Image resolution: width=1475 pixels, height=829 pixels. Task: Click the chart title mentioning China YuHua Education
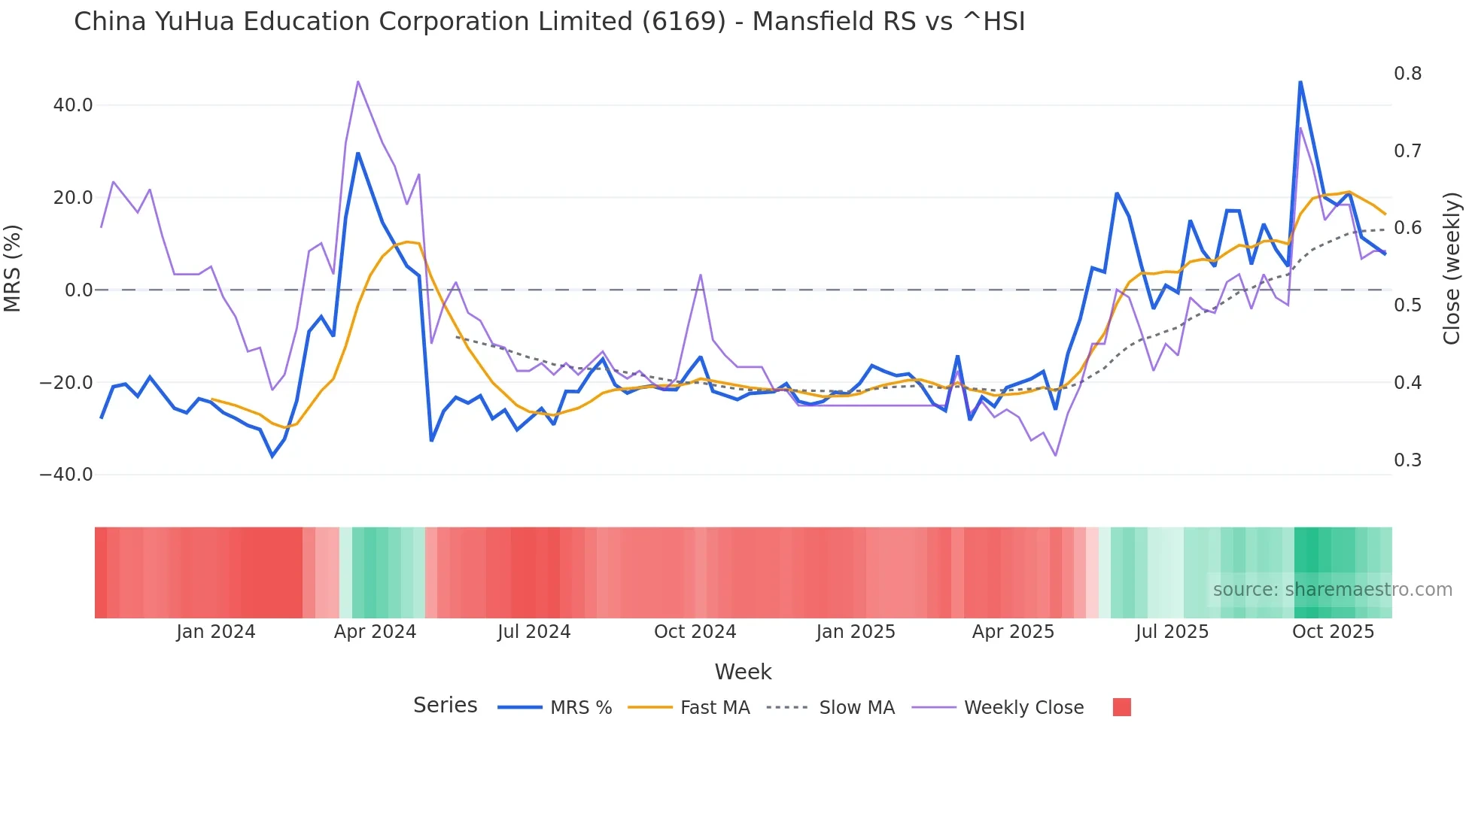click(x=549, y=22)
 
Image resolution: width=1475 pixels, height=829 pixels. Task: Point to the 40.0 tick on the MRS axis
click(x=73, y=105)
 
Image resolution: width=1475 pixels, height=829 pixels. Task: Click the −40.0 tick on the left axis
click(x=66, y=475)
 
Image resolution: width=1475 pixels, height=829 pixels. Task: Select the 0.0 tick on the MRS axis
click(x=79, y=290)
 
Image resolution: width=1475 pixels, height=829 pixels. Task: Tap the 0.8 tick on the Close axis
click(x=1407, y=74)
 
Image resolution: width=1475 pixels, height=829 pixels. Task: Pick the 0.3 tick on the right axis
click(x=1407, y=460)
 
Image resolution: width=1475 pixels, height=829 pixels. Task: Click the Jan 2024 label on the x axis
click(x=216, y=632)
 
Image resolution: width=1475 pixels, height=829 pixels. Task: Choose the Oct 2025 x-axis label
click(x=1333, y=632)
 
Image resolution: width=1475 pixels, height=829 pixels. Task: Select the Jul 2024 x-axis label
click(x=534, y=632)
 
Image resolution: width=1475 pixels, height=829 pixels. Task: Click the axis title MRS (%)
click(x=13, y=268)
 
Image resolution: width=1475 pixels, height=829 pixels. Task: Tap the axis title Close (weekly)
click(x=1452, y=269)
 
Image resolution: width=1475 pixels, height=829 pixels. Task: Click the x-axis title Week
click(x=743, y=672)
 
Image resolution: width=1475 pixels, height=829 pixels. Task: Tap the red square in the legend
click(x=1121, y=707)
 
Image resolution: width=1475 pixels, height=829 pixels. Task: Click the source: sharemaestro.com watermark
click(x=1332, y=590)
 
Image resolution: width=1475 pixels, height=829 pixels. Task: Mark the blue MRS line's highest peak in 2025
click(x=1300, y=81)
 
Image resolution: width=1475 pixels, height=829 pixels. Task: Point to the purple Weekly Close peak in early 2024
click(x=358, y=81)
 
